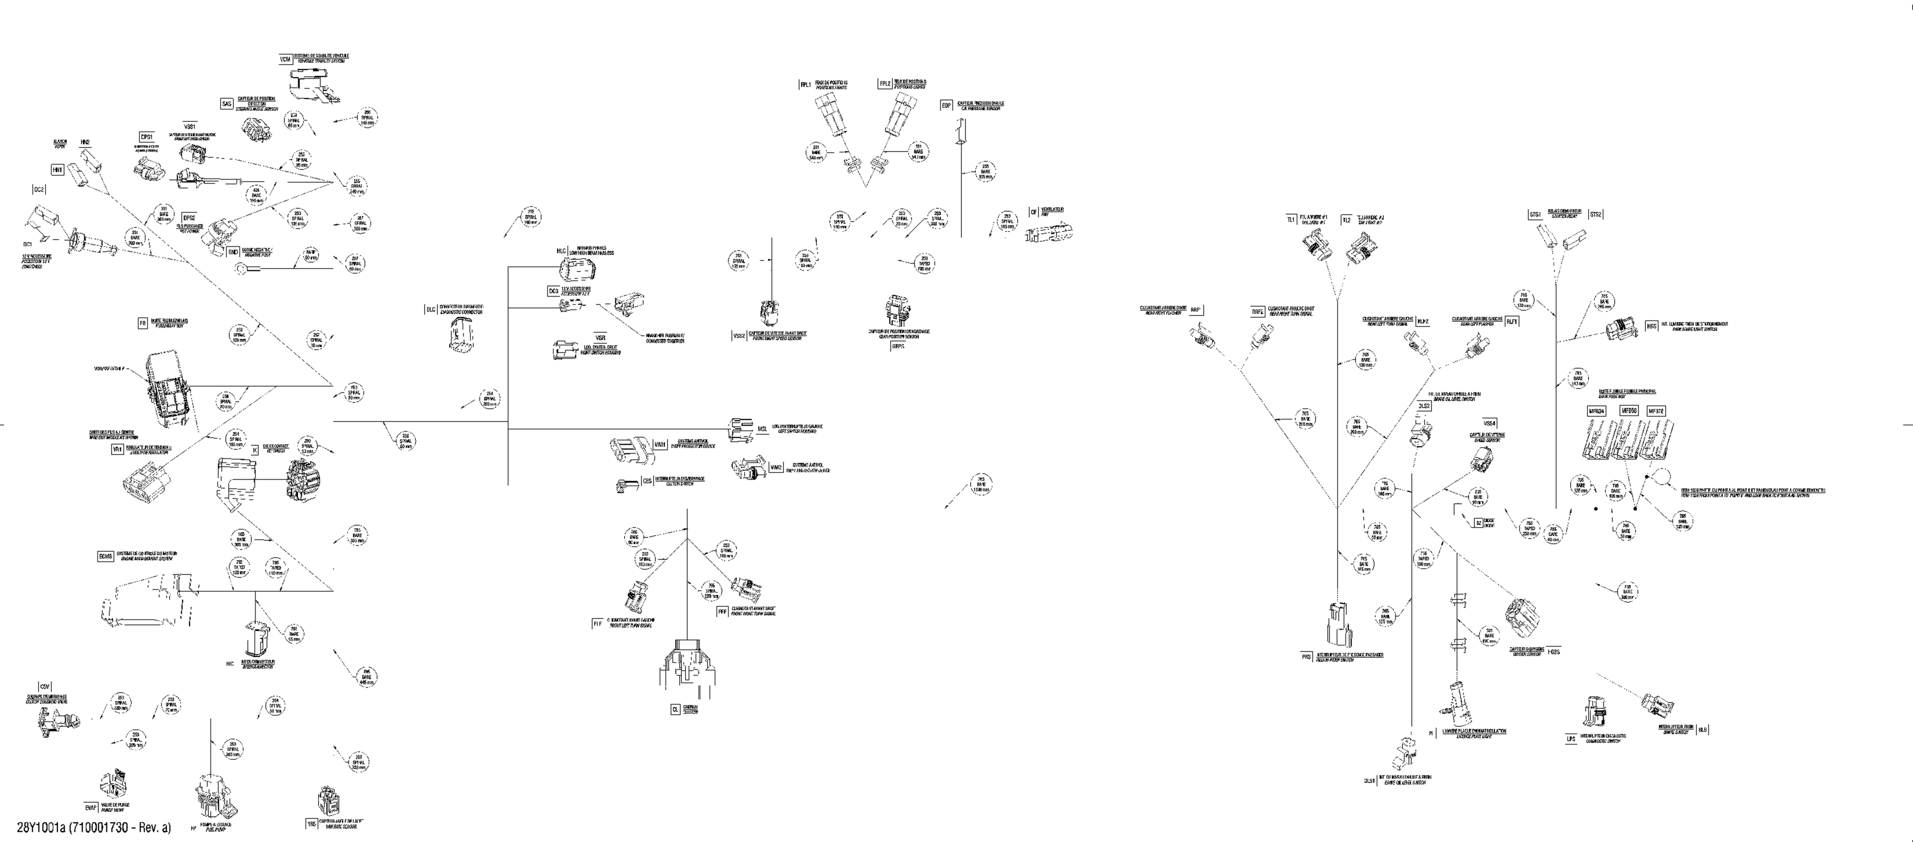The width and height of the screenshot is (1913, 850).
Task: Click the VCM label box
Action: (x=285, y=58)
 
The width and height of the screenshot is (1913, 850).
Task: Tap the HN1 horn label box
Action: (x=57, y=170)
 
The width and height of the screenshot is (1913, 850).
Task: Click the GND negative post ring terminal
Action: (x=241, y=268)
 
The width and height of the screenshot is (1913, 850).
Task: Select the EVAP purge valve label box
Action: (x=91, y=806)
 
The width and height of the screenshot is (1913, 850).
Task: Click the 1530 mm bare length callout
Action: (x=981, y=485)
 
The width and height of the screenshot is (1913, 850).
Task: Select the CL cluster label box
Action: (x=675, y=709)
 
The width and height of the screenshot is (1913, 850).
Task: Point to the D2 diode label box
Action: (x=1478, y=522)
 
